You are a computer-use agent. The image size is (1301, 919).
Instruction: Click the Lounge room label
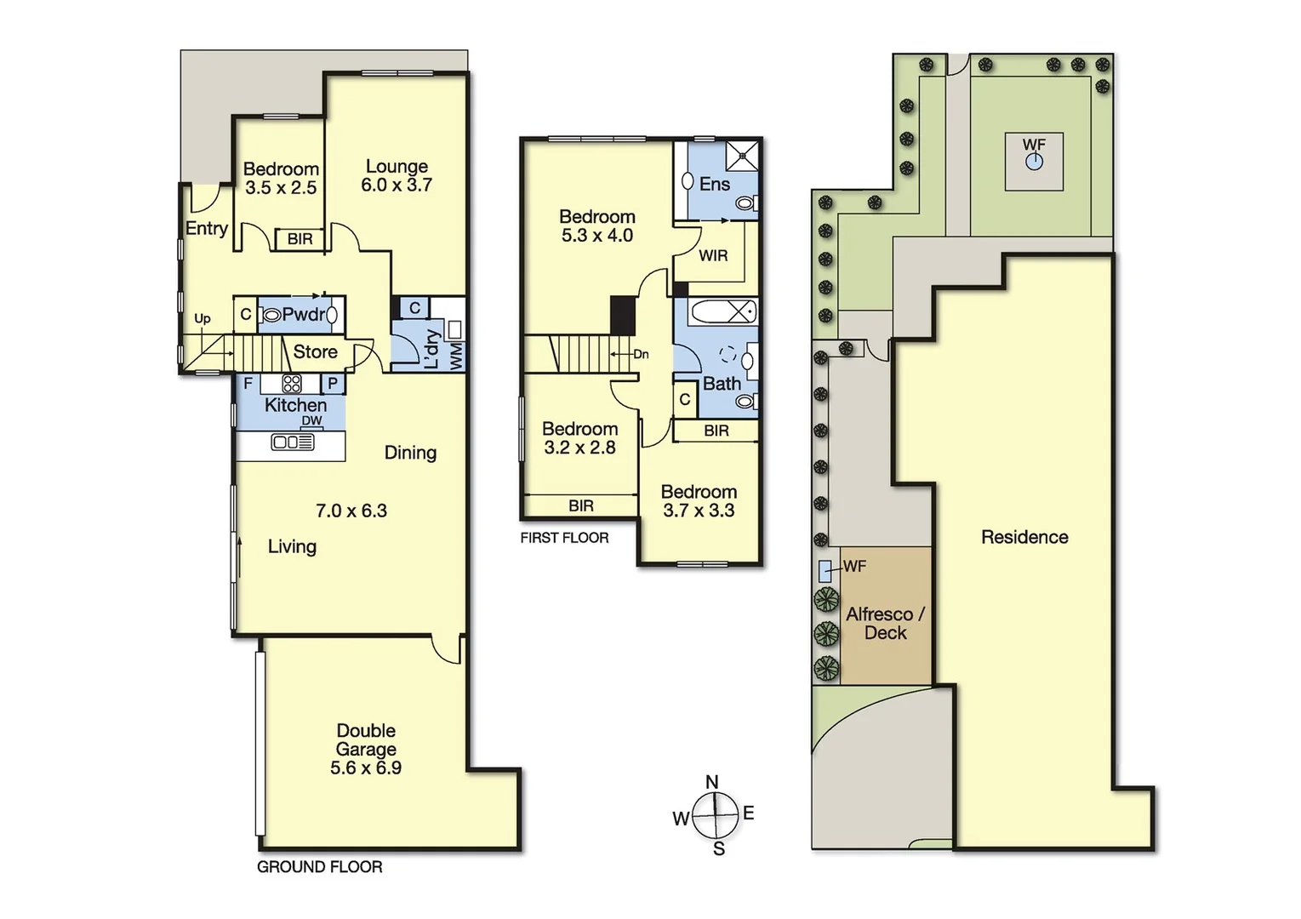pyautogui.click(x=397, y=167)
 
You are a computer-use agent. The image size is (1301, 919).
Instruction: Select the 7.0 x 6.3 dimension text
pyautogui.click(x=351, y=511)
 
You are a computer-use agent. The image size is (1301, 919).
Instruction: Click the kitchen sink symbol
pyautogui.click(x=292, y=442)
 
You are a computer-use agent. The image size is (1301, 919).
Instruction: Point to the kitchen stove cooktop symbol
pyautogui.click(x=292, y=384)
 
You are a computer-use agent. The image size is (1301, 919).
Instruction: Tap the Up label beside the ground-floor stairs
pyautogui.click(x=203, y=319)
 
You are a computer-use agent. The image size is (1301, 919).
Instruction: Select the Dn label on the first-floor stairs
pyautogui.click(x=641, y=354)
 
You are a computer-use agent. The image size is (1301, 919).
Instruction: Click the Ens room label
pyautogui.click(x=714, y=184)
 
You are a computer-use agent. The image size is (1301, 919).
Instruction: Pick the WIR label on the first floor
pyautogui.click(x=713, y=255)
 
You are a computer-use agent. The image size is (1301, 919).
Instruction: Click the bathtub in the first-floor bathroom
pyautogui.click(x=722, y=311)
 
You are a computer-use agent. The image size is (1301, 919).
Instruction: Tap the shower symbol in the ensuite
pyautogui.click(x=741, y=156)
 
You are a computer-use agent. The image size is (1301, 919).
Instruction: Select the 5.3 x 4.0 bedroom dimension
pyautogui.click(x=596, y=236)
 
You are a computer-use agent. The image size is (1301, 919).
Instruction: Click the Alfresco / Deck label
pyautogui.click(x=885, y=623)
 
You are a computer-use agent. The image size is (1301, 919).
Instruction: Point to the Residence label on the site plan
pyautogui.click(x=1024, y=537)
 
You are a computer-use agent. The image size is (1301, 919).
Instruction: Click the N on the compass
pyautogui.click(x=712, y=782)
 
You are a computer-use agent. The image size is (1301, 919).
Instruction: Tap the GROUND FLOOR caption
pyautogui.click(x=320, y=867)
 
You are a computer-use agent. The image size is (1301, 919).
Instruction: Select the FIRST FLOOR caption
pyautogui.click(x=564, y=538)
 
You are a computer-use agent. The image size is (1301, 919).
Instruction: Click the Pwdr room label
pyautogui.click(x=304, y=315)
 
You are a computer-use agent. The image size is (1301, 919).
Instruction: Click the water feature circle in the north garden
pyautogui.click(x=1034, y=162)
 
